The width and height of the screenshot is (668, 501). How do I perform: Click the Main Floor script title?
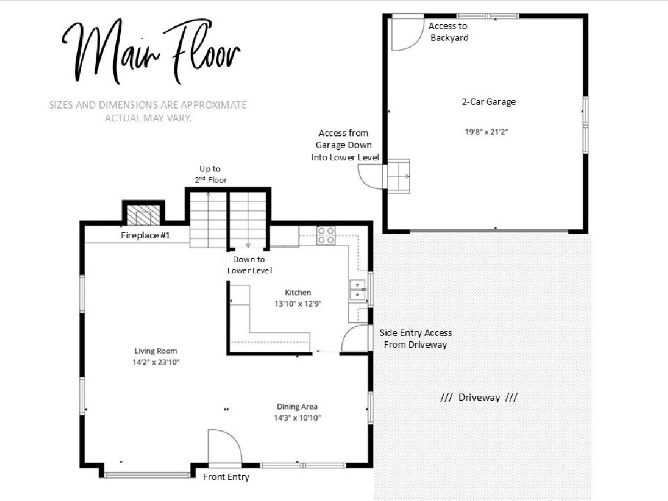pyautogui.click(x=151, y=52)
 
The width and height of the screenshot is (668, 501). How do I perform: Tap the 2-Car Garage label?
pyautogui.click(x=489, y=102)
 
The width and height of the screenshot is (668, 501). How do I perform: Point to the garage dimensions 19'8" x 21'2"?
pyautogui.click(x=487, y=132)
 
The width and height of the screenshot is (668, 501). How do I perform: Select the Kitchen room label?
pyautogui.click(x=298, y=293)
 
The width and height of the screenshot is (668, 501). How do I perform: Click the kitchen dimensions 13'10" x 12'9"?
pyautogui.click(x=298, y=304)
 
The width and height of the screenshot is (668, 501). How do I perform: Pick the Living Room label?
pyautogui.click(x=156, y=351)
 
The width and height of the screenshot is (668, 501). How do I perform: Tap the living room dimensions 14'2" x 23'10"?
pyautogui.click(x=156, y=362)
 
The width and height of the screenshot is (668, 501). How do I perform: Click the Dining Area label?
pyautogui.click(x=297, y=407)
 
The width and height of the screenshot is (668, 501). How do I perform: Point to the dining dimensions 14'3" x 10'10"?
pyautogui.click(x=297, y=418)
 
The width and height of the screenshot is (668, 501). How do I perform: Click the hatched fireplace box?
pyautogui.click(x=143, y=215)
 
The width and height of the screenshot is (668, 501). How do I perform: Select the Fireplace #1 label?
pyautogui.click(x=145, y=235)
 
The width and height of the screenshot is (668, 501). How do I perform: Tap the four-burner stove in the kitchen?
pyautogui.click(x=326, y=235)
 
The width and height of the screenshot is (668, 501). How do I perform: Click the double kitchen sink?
pyautogui.click(x=357, y=290)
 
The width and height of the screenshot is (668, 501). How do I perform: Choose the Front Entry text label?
pyautogui.click(x=226, y=477)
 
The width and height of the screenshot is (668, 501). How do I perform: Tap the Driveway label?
pyautogui.click(x=479, y=397)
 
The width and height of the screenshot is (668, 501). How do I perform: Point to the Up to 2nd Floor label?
pyautogui.click(x=210, y=174)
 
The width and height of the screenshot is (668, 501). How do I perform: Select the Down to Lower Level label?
pyautogui.click(x=249, y=265)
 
